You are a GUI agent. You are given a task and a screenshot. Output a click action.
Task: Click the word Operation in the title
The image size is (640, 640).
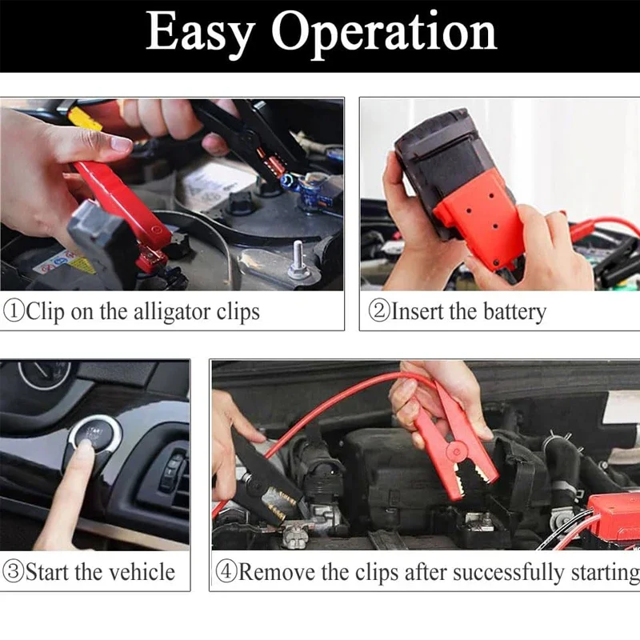click(384, 34)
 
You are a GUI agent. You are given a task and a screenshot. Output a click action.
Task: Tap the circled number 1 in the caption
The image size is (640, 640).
click(14, 311)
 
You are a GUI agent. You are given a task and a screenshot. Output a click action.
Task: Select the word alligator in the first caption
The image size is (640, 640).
click(169, 311)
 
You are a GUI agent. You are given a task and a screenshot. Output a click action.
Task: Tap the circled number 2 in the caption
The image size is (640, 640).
click(378, 311)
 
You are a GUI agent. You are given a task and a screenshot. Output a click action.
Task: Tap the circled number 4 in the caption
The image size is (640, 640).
click(227, 572)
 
